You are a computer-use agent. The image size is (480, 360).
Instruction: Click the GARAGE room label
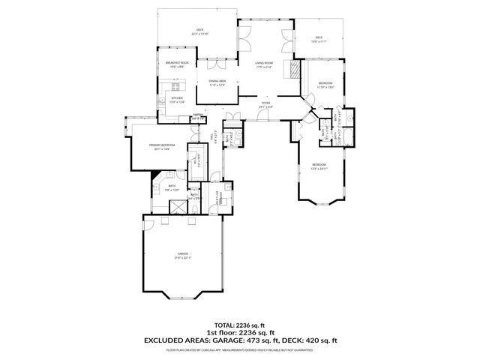click(182, 256)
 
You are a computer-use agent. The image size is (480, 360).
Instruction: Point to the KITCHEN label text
click(177, 99)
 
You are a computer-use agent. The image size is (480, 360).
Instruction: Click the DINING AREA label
click(218, 82)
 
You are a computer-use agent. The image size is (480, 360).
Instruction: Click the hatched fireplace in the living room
click(295, 70)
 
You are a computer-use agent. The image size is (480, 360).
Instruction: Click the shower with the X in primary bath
click(179, 207)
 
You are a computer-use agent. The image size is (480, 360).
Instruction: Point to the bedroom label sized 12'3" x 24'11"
click(319, 166)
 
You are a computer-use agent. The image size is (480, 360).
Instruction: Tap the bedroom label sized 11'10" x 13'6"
click(325, 85)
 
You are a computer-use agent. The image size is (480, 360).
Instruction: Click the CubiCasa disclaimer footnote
click(239, 349)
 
